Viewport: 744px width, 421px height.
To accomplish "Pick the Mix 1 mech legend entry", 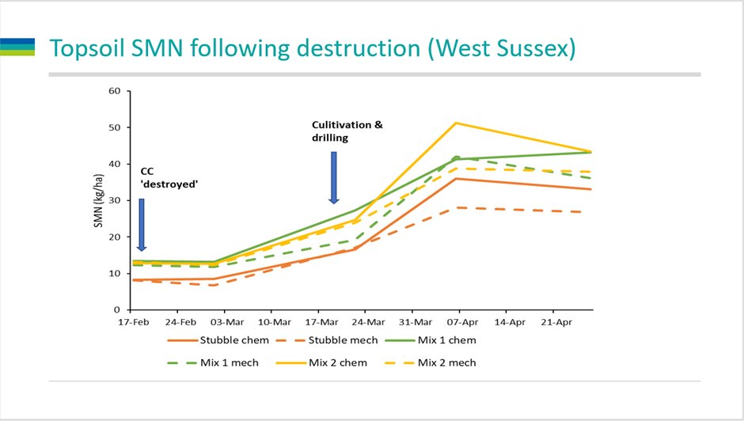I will point(227,362).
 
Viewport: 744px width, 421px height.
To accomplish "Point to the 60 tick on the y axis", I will point(113,91).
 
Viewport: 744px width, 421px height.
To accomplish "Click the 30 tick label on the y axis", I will point(113,200).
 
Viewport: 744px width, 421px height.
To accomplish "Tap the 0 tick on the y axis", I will point(116,309).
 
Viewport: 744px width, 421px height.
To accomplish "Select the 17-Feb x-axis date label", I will point(134,323).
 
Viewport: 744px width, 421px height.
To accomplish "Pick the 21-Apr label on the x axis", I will point(556,323).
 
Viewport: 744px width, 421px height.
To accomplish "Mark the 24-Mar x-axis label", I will point(368,323).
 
